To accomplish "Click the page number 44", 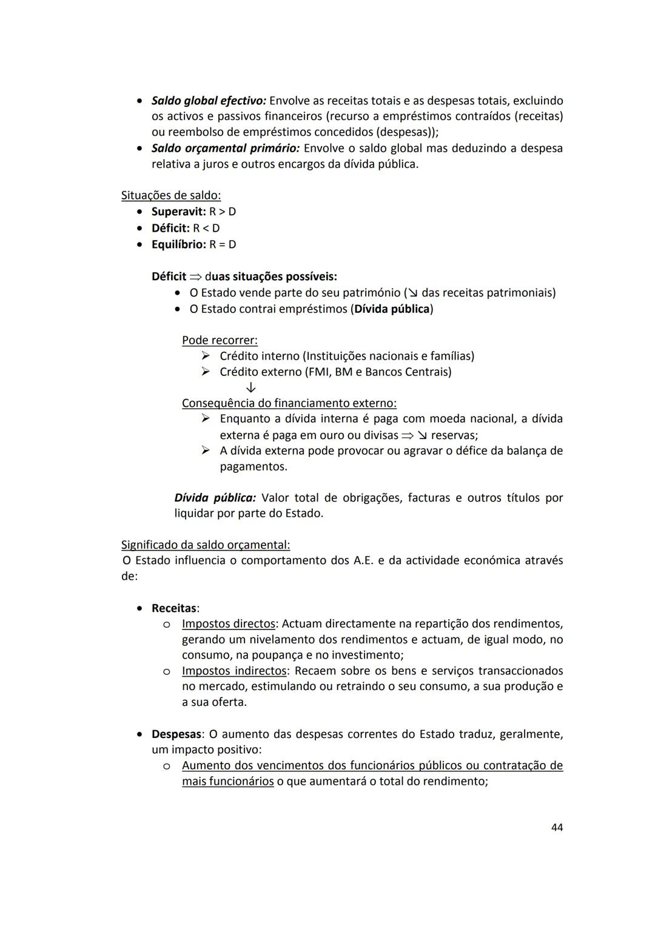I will (556, 828).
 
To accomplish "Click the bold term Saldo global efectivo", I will (209, 101).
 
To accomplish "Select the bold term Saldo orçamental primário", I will (225, 149).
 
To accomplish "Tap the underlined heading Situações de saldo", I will (171, 196).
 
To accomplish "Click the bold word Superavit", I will (178, 212).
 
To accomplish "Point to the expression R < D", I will (206, 229).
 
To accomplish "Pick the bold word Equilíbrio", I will (178, 245).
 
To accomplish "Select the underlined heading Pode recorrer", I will (220, 340).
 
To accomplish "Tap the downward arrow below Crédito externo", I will (251, 388).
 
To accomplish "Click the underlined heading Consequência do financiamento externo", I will (289, 403).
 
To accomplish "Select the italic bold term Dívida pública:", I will (215, 498).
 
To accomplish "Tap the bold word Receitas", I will (173, 608).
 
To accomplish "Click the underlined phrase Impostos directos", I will (228, 624).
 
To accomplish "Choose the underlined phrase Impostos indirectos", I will (234, 671).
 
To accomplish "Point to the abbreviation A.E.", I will (363, 560).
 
